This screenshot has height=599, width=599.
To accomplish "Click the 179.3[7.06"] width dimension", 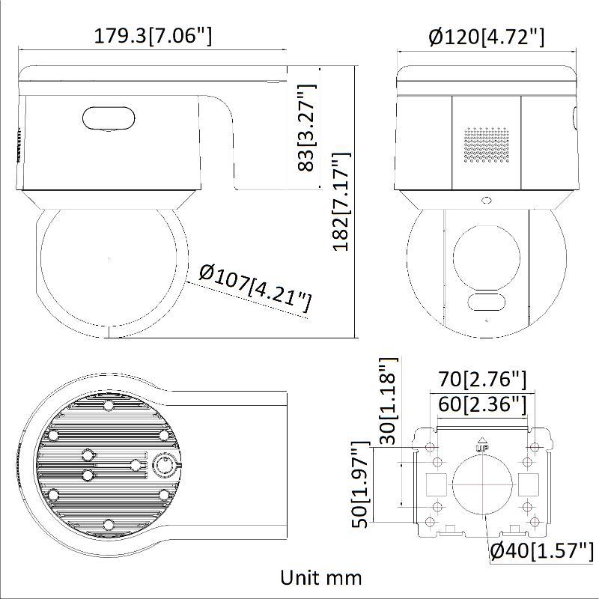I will (153, 35).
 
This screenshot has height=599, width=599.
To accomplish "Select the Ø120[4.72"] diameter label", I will (486, 36).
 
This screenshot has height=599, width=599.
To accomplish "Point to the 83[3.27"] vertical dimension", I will (306, 127).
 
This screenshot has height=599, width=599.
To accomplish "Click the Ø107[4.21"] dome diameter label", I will (255, 288).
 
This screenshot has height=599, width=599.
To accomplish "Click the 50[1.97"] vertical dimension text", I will (362, 485).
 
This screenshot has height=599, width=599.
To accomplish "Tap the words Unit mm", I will (321, 577).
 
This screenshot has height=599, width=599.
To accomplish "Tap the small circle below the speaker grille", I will (486, 200).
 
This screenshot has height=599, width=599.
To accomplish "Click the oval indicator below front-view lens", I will (486, 302).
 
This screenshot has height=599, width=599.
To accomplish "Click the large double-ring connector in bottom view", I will (165, 465).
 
